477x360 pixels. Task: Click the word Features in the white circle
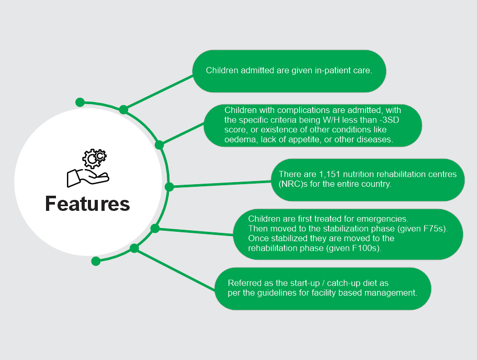88,204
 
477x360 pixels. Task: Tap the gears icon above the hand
94,158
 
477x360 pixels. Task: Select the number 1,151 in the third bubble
330,174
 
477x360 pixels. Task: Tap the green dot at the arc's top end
80,102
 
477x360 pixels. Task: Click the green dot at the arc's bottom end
96,261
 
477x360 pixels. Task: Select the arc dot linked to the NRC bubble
169,187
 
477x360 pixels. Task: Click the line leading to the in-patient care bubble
158,93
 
